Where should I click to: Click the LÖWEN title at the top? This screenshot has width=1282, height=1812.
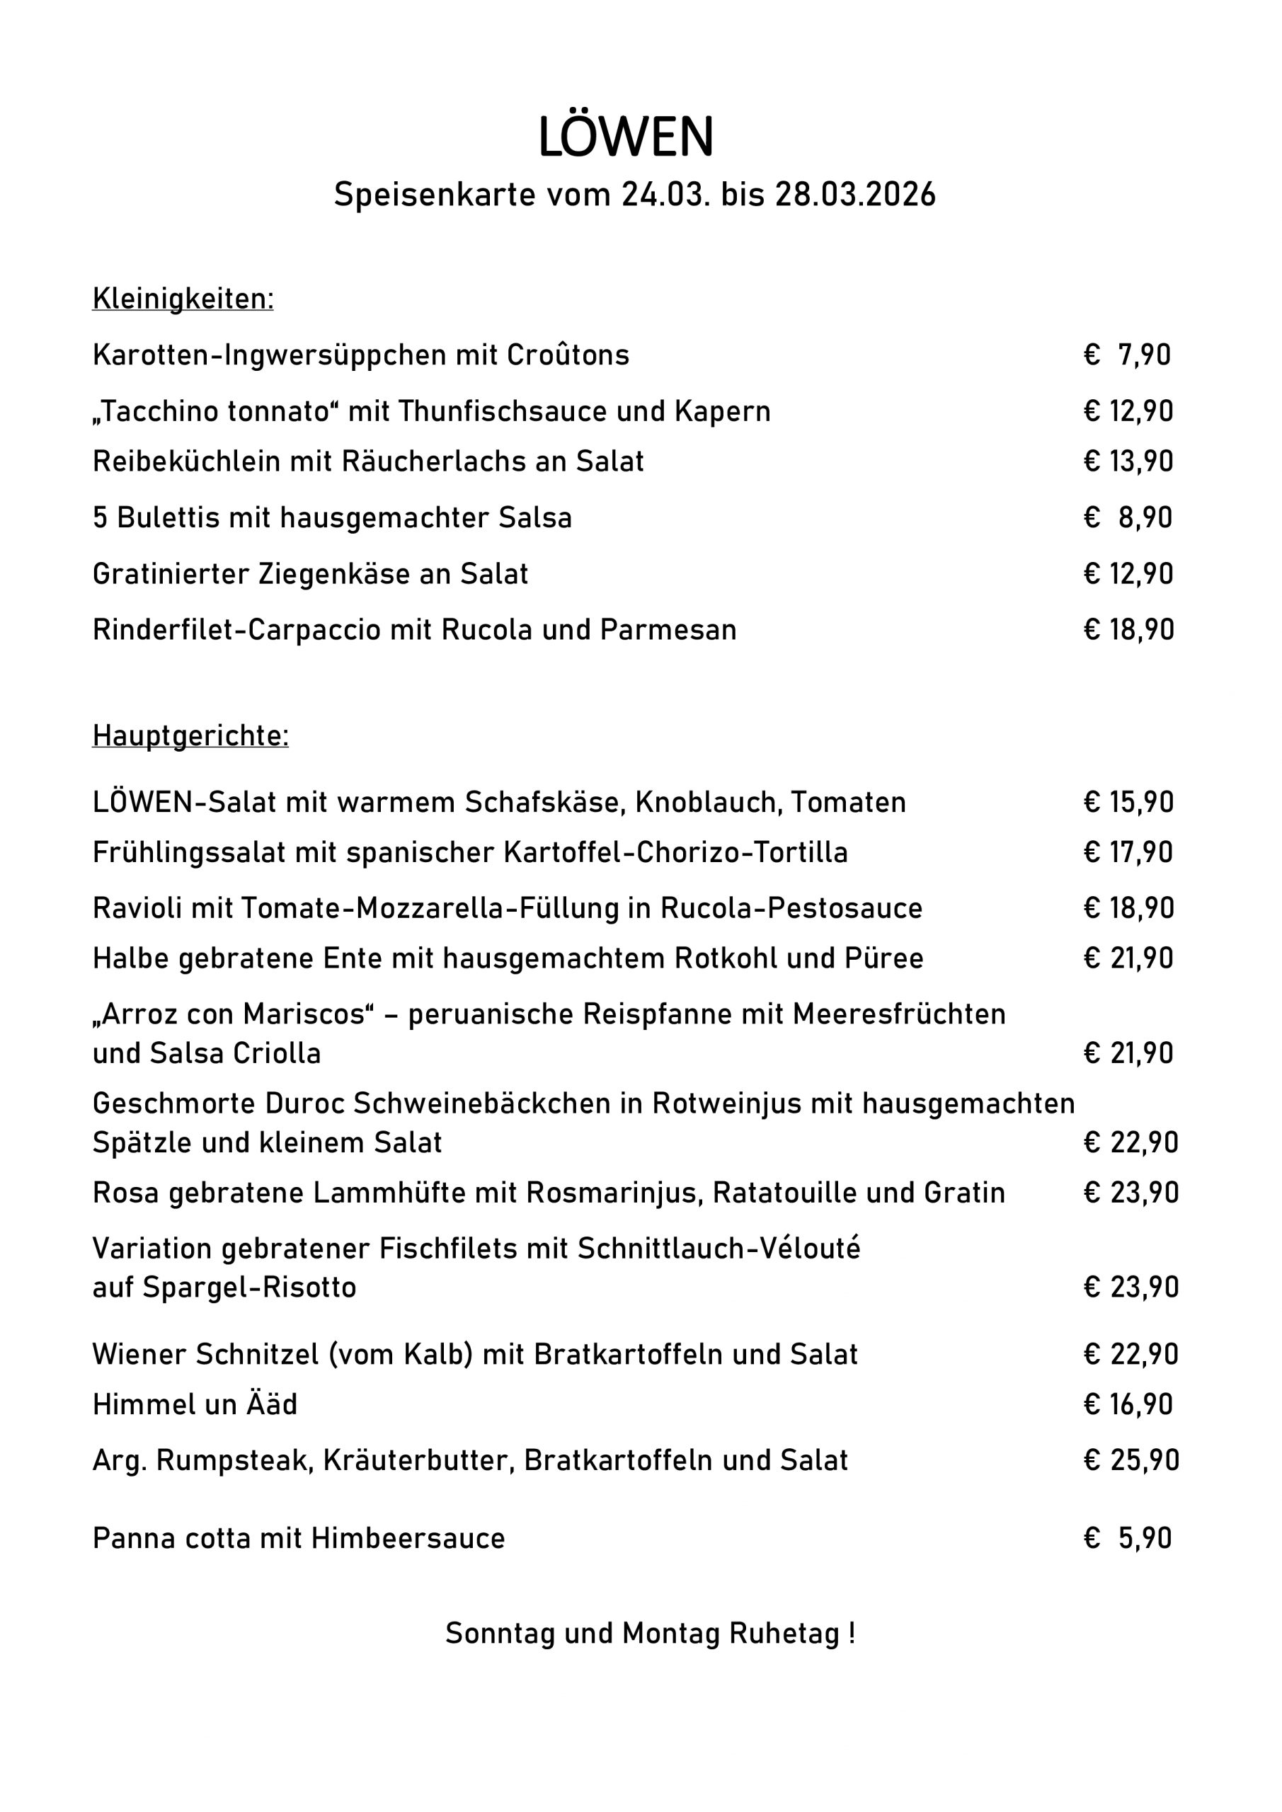point(625,137)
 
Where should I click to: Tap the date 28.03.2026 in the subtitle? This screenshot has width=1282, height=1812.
point(855,194)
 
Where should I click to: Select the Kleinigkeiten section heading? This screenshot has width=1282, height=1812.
point(183,299)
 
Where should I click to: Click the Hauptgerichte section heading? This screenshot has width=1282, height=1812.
point(190,735)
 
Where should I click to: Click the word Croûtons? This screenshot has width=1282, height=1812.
point(568,355)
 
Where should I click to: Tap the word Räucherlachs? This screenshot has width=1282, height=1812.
point(433,461)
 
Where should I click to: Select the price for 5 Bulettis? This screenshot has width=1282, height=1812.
point(1128,517)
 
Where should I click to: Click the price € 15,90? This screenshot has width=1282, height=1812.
point(1129,803)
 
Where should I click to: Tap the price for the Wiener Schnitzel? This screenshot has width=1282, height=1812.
point(1131,1354)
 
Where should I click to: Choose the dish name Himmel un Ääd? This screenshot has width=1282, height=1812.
point(195,1405)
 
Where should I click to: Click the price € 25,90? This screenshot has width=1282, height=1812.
point(1131,1461)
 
